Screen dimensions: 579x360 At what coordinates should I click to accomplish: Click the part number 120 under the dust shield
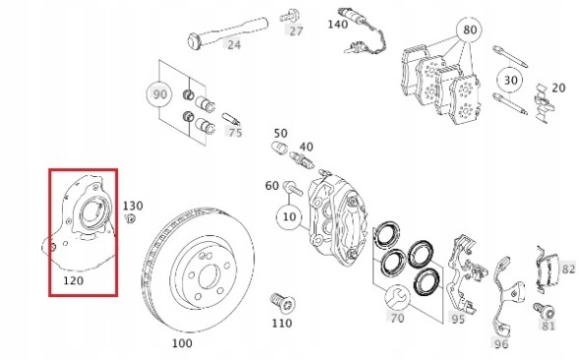tap(73, 280)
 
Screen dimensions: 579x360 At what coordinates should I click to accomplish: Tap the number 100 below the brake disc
tap(182, 343)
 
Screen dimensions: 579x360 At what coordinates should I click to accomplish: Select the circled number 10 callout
tap(289, 216)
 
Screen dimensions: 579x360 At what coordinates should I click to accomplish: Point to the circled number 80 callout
tap(469, 30)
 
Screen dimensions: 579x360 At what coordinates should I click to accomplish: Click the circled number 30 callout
tap(510, 81)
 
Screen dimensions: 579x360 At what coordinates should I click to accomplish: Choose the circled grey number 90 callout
tap(159, 94)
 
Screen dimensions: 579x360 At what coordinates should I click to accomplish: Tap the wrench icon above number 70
tap(397, 297)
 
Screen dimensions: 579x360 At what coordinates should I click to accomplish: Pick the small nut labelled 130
tap(130, 218)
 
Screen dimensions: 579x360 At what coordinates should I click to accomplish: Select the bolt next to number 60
tap(293, 188)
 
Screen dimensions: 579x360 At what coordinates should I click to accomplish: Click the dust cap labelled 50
tap(279, 148)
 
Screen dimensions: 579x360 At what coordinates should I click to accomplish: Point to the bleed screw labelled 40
tap(302, 160)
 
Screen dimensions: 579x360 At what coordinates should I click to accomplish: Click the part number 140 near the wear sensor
tap(338, 24)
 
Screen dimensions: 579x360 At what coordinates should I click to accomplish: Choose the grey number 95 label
tap(458, 319)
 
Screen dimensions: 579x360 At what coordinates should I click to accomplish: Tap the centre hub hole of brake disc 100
tap(209, 276)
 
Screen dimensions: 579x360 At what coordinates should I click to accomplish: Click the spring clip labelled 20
tap(544, 102)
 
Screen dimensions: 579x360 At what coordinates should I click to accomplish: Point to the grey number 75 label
tap(235, 132)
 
